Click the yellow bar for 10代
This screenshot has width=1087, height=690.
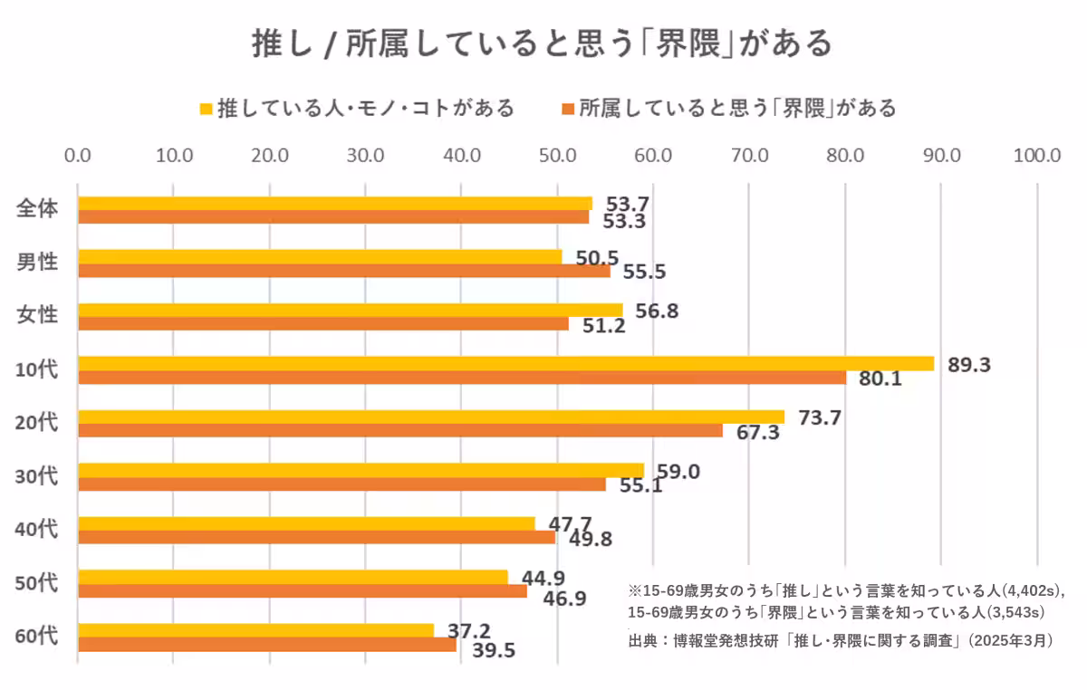click(x=505, y=363)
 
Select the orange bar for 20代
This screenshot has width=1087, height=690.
click(x=400, y=431)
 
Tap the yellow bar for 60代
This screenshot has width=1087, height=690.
click(x=255, y=629)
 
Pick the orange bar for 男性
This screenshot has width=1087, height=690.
click(x=344, y=271)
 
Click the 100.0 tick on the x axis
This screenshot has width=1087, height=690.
click(x=1037, y=154)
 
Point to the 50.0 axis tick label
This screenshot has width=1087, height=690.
click(x=558, y=154)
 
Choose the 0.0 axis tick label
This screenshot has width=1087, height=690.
click(x=78, y=154)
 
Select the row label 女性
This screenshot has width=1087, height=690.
click(x=37, y=316)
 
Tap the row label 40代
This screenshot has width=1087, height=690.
click(x=37, y=529)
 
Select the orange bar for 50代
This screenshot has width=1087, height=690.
click(x=303, y=590)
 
